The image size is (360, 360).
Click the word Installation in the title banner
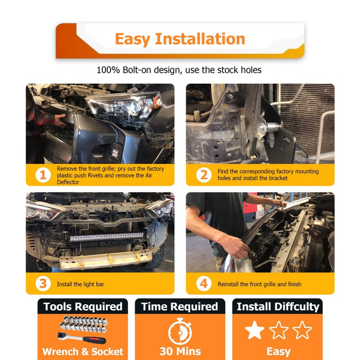click(200, 39)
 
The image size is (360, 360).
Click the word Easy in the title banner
click(132, 40)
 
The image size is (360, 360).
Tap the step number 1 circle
click(43, 175)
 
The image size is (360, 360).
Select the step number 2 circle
click(204, 175)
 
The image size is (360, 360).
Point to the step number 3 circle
click(43, 284)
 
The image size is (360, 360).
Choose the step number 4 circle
click(204, 284)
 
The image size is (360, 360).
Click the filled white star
click(254, 330)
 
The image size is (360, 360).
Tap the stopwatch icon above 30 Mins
click(180, 331)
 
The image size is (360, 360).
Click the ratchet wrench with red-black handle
click(81, 338)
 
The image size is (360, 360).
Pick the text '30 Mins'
click(180, 351)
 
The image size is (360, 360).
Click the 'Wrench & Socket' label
click(83, 351)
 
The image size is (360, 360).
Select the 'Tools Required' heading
click(83, 307)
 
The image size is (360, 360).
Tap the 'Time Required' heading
click(180, 307)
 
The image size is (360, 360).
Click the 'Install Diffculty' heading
click(278, 307)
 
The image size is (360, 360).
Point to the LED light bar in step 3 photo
click(106, 237)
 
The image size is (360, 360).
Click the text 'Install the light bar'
click(80, 284)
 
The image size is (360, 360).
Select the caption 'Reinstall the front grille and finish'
click(259, 284)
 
